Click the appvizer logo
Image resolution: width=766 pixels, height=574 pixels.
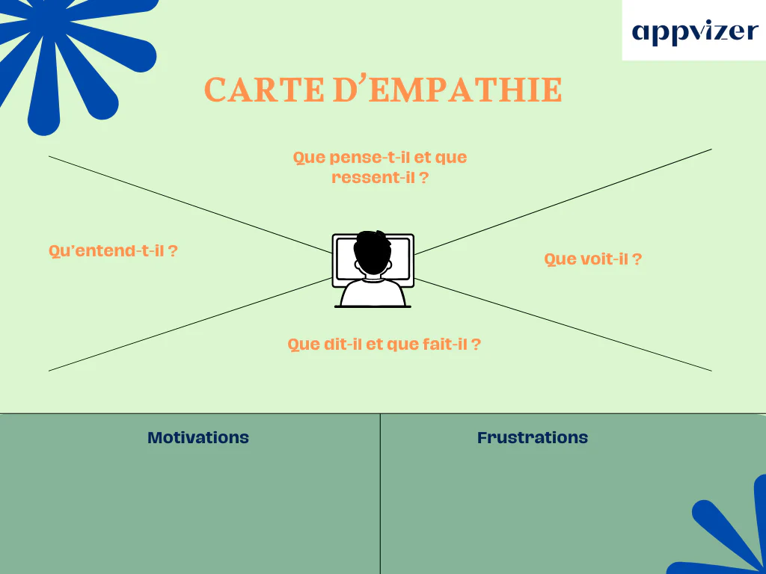(x=695, y=32)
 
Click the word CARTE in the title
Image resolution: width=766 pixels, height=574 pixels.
(x=264, y=90)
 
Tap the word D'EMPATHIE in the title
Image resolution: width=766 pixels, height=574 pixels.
(x=447, y=90)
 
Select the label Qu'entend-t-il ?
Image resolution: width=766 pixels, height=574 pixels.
(x=113, y=251)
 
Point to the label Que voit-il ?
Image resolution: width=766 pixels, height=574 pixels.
(x=592, y=259)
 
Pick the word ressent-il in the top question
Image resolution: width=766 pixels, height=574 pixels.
(x=373, y=178)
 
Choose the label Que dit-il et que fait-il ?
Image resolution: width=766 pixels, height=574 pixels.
(x=384, y=344)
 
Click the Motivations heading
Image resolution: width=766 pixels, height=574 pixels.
(x=198, y=437)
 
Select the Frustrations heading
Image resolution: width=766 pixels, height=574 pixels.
(x=533, y=437)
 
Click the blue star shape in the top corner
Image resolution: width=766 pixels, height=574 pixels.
(x=73, y=54)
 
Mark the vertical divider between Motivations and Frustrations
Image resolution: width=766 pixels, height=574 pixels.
(x=380, y=494)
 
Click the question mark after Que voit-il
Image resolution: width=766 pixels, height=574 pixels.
(x=637, y=259)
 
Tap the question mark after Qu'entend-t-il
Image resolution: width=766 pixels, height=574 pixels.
(x=173, y=251)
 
